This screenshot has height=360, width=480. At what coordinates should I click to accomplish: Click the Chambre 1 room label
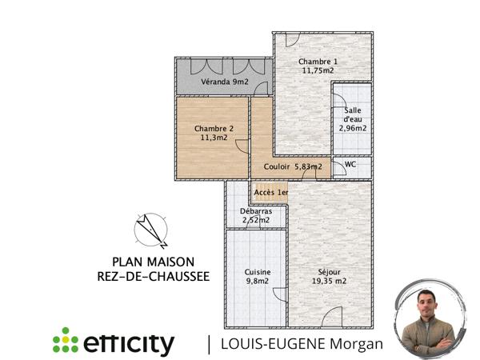click(318, 62)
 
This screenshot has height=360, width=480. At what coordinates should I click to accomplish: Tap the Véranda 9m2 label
click(224, 82)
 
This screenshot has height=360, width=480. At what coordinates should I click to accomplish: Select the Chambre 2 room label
click(214, 128)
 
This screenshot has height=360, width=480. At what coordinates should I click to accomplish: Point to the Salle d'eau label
click(352, 118)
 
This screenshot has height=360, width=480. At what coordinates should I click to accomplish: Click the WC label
click(350, 165)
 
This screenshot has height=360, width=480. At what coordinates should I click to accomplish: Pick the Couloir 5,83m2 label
click(293, 166)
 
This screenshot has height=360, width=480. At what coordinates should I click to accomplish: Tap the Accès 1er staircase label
click(270, 192)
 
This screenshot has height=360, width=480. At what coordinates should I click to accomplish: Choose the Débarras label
click(256, 212)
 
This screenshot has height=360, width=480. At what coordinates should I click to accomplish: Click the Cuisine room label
click(258, 272)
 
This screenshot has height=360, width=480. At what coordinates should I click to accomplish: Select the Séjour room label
click(328, 272)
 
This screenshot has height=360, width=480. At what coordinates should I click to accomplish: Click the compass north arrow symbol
click(150, 230)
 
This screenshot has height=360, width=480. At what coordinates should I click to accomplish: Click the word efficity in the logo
click(128, 344)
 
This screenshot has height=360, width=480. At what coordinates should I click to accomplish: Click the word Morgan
click(358, 345)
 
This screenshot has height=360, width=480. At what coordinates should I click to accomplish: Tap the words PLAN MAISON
click(152, 261)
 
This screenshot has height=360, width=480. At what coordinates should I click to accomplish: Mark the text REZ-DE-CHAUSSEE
click(152, 276)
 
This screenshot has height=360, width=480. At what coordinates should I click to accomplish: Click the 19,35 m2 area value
click(328, 281)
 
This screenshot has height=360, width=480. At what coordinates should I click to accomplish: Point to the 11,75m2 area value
click(318, 71)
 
